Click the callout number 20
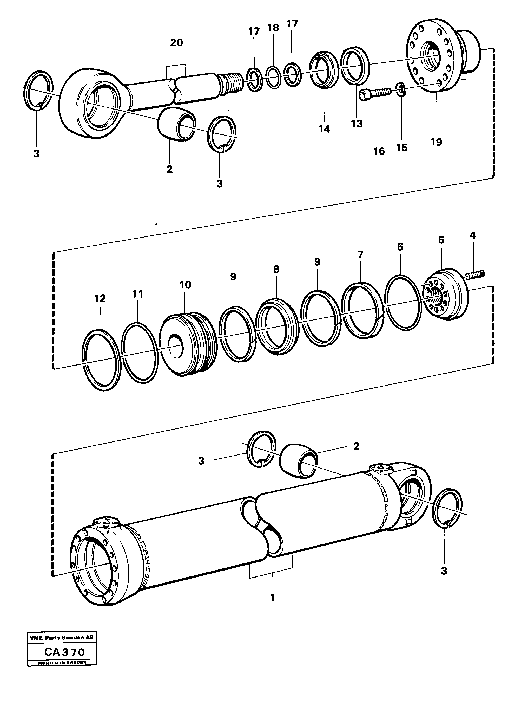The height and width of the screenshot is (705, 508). (176, 43)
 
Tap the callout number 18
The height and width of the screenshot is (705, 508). (273, 28)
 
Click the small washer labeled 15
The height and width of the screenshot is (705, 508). (401, 89)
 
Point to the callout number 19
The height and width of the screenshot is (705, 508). (436, 142)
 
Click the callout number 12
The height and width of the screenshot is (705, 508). (100, 298)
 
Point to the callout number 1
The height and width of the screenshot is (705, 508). (273, 598)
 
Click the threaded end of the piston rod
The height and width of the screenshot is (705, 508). (231, 84)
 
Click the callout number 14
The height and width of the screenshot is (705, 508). (325, 129)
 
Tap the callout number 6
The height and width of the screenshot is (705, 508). (400, 247)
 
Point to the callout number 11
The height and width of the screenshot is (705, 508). (137, 294)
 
